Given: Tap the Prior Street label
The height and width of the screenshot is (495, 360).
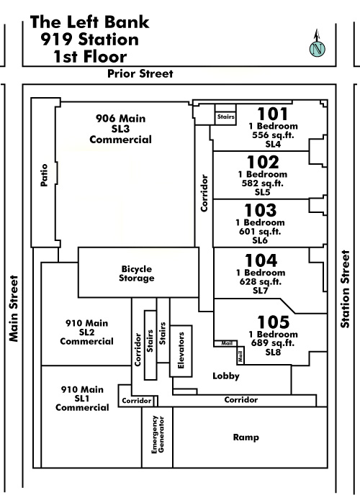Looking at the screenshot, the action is point(140,73).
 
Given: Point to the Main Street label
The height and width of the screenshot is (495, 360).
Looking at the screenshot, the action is point(14,309).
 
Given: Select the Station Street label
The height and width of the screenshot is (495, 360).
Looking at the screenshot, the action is point(345,289).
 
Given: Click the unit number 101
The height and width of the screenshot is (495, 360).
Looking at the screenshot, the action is point(273,114).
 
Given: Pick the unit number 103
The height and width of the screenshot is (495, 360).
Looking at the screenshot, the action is point(261,210).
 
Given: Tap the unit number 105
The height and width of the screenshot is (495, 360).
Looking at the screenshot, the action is point(273,322).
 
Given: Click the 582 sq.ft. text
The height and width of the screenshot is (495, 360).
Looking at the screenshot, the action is point(262,183).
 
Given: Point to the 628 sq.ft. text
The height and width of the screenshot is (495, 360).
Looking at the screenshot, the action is point(260,281).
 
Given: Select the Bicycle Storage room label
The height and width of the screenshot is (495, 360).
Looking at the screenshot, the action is point(137,273).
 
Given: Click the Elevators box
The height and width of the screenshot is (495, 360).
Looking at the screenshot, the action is point(181,351).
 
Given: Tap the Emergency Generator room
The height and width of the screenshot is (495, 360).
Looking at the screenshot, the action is point(157,437).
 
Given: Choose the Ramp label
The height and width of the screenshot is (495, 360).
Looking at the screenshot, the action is point(246,437).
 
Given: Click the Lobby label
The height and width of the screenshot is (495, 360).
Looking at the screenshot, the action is point(226,376).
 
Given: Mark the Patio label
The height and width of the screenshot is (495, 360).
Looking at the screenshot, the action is point(44,175).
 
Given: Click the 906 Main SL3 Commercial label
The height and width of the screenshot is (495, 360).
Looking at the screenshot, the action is point(121,129).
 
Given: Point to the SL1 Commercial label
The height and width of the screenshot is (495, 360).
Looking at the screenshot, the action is point(82,403).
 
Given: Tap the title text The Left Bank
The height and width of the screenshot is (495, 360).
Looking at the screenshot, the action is point(90,22).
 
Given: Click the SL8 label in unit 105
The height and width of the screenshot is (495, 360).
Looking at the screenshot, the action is point(273,353).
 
